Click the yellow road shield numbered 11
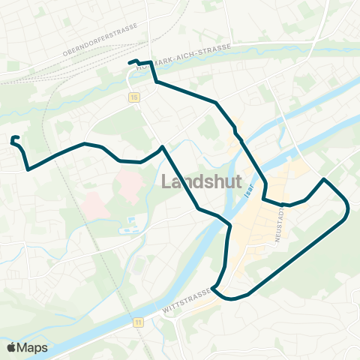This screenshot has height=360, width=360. coord(138,322)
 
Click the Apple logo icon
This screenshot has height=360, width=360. coord(12,347)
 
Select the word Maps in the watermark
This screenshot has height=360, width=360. coord(34,347)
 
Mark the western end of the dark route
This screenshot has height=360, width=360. coord(13,139)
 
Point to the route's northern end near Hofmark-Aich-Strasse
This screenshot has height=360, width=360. coord(130,62)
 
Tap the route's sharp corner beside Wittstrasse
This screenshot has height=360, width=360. coord(214,287)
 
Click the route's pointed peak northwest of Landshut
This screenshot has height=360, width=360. coord(162,146)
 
